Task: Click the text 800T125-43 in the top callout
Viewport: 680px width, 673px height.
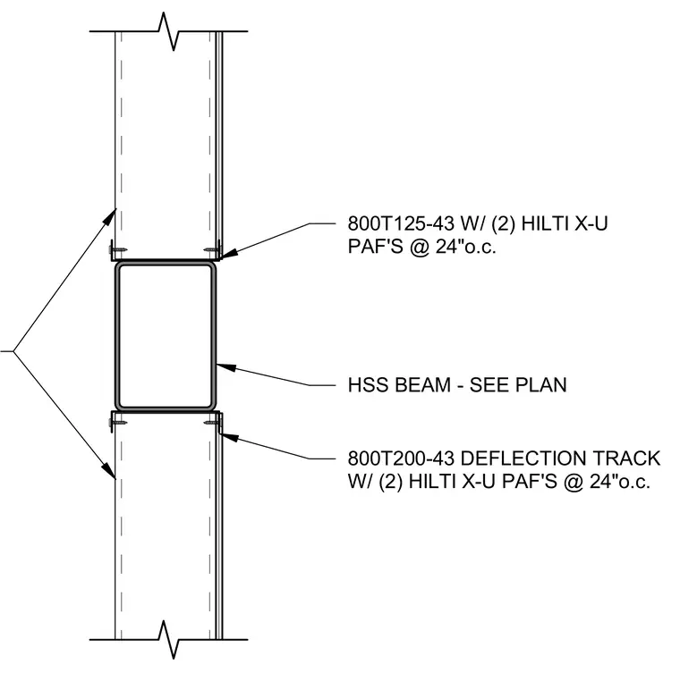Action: point(401,223)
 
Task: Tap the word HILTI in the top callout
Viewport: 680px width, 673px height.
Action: point(545,223)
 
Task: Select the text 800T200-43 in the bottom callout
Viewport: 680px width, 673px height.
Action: point(401,458)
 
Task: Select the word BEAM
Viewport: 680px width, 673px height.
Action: point(423,384)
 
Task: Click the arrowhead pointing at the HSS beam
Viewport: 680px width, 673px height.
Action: point(225,367)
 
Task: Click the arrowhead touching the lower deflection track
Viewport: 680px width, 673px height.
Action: point(230,436)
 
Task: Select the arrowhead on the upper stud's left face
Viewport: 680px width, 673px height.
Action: point(111,215)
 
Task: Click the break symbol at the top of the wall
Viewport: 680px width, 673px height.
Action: point(168,31)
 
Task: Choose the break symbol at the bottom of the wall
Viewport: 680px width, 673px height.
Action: point(168,639)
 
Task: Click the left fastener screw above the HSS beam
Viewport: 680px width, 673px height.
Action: point(116,250)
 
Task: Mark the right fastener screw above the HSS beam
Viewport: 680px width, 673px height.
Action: point(212,250)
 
